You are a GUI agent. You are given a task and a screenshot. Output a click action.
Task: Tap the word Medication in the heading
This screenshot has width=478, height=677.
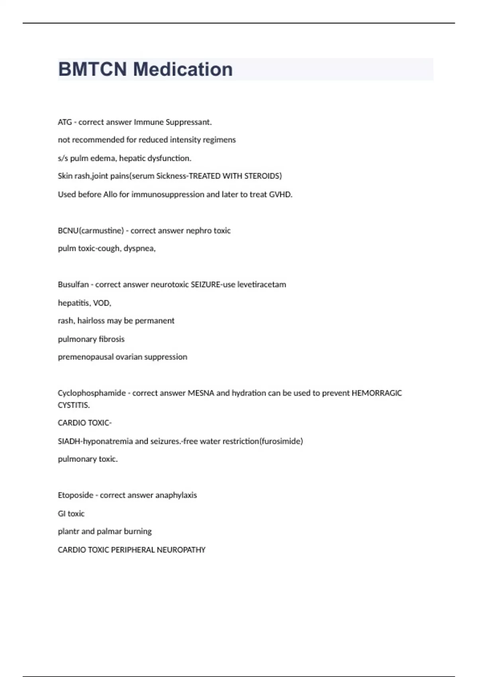pos(183,69)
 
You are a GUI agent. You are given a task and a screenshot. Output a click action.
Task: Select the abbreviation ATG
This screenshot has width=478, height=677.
pos(65,122)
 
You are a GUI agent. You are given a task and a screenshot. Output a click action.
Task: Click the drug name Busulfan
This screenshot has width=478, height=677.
pos(73,285)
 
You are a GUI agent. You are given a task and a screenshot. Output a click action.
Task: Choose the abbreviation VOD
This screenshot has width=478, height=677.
pos(102,303)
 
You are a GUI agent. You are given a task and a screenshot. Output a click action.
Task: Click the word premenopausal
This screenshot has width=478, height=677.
pos(85,357)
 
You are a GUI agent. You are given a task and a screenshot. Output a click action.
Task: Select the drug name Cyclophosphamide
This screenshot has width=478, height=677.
pos(92,393)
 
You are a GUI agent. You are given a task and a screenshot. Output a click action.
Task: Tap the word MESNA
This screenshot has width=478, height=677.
pos(201,393)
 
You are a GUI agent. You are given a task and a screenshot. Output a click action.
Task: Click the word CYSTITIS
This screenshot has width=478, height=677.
pos(74,405)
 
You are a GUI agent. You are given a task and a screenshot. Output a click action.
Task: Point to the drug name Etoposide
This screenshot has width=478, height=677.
pos(75,495)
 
